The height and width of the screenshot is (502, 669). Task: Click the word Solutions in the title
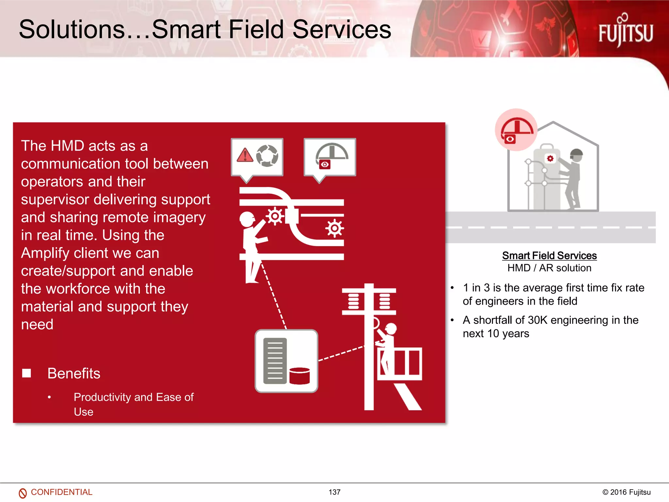coord(72,29)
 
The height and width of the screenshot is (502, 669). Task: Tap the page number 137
coord(334,492)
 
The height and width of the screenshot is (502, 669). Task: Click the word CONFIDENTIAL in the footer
coord(61,492)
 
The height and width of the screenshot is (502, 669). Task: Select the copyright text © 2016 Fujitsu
coord(626,492)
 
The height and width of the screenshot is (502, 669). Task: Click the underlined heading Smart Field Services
coord(549,256)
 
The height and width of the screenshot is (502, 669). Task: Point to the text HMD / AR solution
coord(549,268)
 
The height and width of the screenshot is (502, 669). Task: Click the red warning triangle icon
coord(245,155)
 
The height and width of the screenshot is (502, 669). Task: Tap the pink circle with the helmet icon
coord(516,130)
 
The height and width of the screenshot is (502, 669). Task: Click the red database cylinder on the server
coord(299,376)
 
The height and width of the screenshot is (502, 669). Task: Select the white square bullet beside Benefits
coord(26,373)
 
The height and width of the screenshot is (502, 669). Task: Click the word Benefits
coord(74,373)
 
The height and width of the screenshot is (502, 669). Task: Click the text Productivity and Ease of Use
coord(133,404)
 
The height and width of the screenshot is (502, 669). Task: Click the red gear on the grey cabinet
coord(550,159)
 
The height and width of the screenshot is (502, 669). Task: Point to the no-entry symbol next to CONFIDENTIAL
coord(23,493)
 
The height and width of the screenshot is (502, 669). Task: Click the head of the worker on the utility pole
coord(391,328)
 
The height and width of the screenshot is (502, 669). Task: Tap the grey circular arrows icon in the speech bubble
coord(267,156)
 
